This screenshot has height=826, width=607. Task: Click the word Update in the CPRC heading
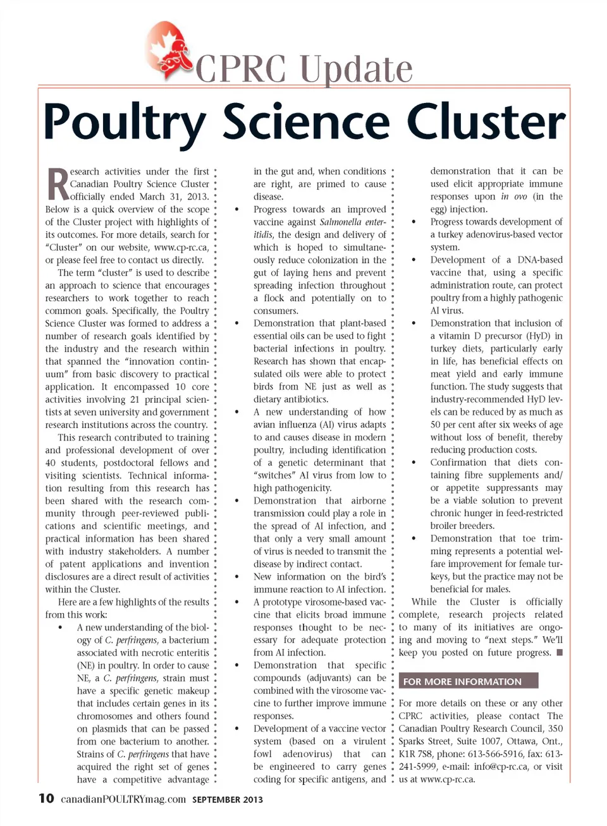(356, 69)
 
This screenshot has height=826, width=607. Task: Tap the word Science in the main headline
(306, 122)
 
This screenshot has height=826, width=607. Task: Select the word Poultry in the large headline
(125, 123)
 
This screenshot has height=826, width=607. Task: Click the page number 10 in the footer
(46, 798)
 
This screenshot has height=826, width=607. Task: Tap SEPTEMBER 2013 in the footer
(228, 799)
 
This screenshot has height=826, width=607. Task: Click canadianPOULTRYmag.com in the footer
(123, 799)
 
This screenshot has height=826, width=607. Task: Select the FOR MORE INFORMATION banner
(468, 681)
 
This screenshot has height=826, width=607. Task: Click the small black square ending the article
(560, 652)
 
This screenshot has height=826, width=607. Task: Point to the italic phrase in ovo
(514, 197)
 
